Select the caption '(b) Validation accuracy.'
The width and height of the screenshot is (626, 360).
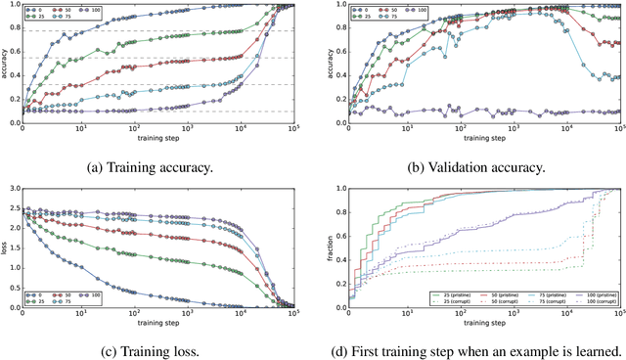point(474,167)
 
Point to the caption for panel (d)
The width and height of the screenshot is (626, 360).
point(474,350)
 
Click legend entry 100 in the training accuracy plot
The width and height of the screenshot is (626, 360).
point(102,12)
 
